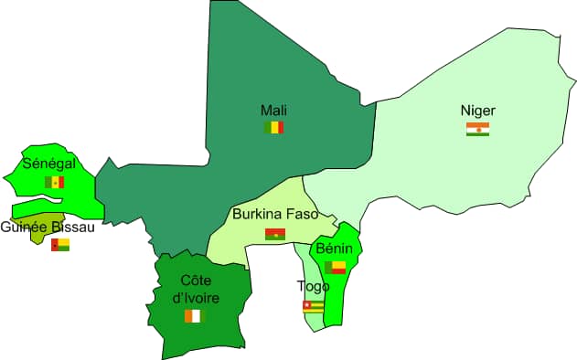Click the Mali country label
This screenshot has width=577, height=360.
click(x=273, y=110)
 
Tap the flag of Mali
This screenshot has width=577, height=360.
click(x=273, y=127)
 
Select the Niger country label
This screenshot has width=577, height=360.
click(x=477, y=111)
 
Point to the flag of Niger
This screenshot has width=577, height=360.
click(x=477, y=129)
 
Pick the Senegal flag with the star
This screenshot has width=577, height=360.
click(x=54, y=182)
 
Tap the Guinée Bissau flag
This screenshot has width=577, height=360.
click(x=60, y=244)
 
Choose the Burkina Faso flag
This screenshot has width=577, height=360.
click(x=274, y=234)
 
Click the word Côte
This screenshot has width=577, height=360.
click(x=193, y=279)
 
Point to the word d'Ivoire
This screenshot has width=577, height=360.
click(x=193, y=296)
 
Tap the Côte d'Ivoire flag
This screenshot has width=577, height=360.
click(x=193, y=315)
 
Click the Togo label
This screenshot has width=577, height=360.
click(x=314, y=286)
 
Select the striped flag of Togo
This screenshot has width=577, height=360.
click(x=314, y=306)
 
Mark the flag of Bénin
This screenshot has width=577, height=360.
click(x=335, y=268)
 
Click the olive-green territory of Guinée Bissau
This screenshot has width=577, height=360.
click(x=40, y=236)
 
